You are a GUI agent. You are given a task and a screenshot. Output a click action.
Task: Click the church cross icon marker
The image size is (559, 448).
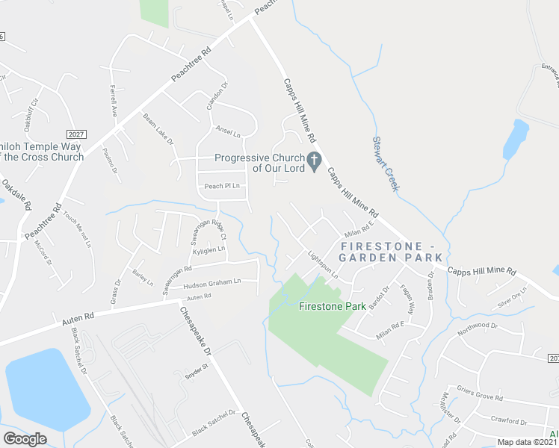315,161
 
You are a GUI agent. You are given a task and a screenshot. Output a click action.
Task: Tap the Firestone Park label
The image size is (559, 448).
332,306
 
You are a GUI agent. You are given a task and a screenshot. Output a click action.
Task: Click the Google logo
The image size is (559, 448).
25,439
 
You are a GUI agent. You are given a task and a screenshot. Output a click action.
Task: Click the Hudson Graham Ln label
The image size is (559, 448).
212,282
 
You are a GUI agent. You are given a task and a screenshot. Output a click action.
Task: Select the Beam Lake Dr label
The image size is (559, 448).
158,128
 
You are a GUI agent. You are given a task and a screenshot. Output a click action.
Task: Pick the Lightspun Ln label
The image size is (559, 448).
323,264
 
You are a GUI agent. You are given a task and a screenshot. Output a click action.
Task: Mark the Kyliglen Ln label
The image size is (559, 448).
209,251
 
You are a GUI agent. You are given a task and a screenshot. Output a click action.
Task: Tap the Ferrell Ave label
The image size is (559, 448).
113,100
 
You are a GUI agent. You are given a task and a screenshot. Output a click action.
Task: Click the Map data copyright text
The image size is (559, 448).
527,442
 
